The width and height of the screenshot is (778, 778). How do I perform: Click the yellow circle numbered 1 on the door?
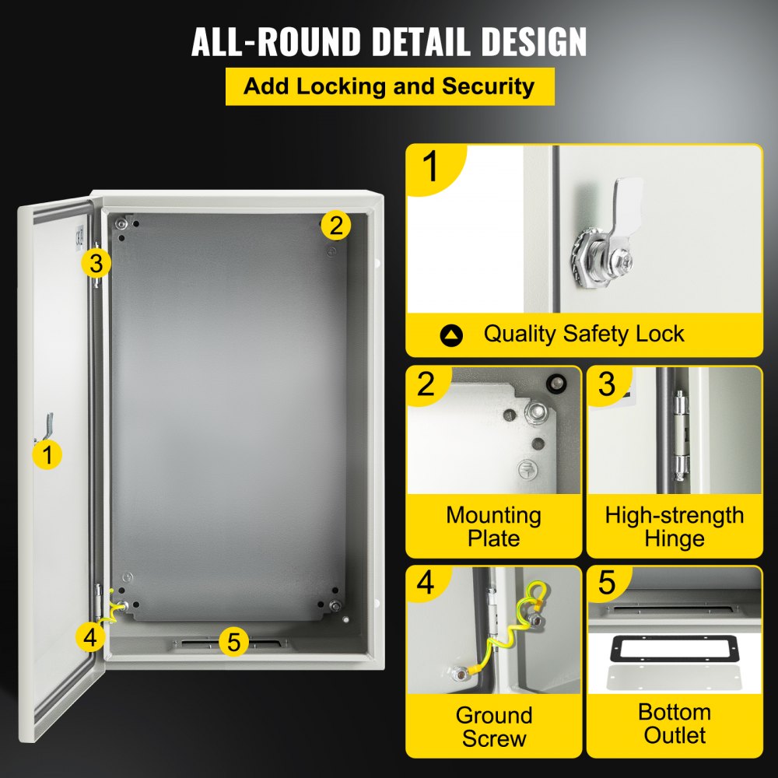click(x=48, y=454)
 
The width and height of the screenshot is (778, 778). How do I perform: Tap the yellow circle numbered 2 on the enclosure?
click(x=335, y=226)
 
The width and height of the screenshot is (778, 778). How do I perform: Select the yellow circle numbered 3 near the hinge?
click(x=95, y=263)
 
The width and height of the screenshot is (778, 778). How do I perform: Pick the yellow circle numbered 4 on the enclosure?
click(x=91, y=637)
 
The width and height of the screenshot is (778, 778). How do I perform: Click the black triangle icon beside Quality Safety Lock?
click(x=451, y=335)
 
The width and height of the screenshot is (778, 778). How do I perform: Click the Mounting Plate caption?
click(x=493, y=527)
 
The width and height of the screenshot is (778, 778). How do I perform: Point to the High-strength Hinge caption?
click(x=674, y=527)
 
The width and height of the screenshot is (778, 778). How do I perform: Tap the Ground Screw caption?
click(x=493, y=727)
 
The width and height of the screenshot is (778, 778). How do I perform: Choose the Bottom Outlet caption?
click(x=674, y=724)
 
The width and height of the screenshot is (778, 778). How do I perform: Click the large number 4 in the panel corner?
click(x=426, y=583)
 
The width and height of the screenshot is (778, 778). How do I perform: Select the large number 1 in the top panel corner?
click(x=430, y=167)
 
